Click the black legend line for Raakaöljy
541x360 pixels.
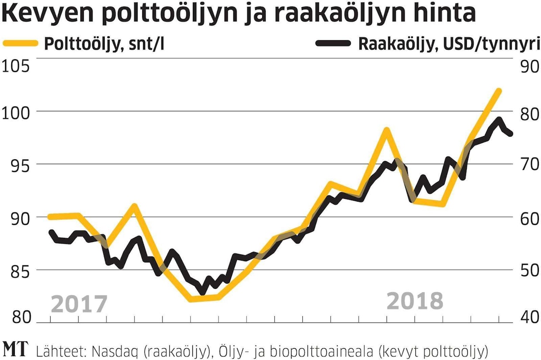click(x=332, y=43)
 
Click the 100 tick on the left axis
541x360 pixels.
click(x=17, y=113)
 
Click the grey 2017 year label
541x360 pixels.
click(x=79, y=304)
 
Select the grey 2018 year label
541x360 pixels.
click(x=415, y=301)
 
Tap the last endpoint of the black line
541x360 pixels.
click(x=510, y=134)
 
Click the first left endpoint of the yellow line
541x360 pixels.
click(x=50, y=216)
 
